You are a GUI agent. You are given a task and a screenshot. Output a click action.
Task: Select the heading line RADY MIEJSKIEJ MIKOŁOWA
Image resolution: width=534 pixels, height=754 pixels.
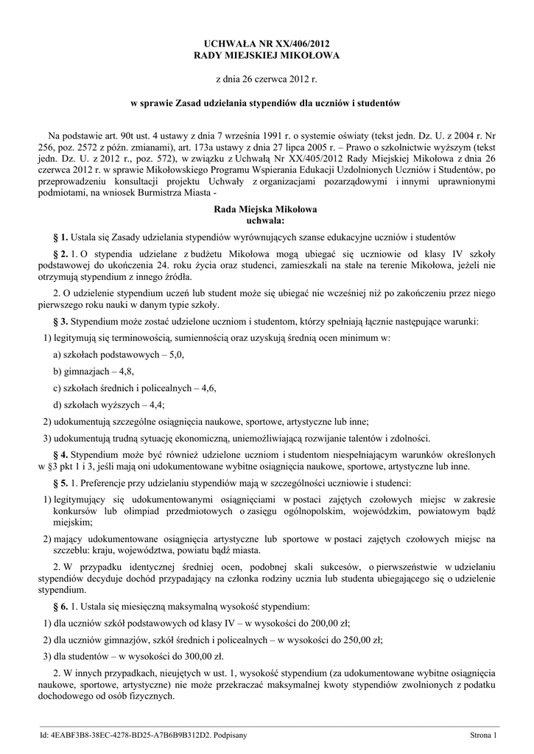point(267,55)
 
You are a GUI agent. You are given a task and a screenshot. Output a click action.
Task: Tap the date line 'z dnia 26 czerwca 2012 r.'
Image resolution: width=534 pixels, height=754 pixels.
point(267,78)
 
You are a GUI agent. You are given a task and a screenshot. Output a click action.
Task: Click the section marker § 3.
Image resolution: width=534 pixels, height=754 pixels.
point(61,322)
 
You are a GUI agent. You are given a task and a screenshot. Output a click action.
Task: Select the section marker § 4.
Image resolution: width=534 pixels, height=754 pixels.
point(61,454)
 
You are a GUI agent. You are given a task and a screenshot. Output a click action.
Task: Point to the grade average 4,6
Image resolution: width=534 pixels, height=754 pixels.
point(206,388)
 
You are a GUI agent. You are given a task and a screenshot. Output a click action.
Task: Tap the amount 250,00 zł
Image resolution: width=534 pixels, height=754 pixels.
point(397,639)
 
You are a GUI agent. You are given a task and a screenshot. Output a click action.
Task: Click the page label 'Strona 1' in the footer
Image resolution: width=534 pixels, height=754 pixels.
point(485,735)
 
